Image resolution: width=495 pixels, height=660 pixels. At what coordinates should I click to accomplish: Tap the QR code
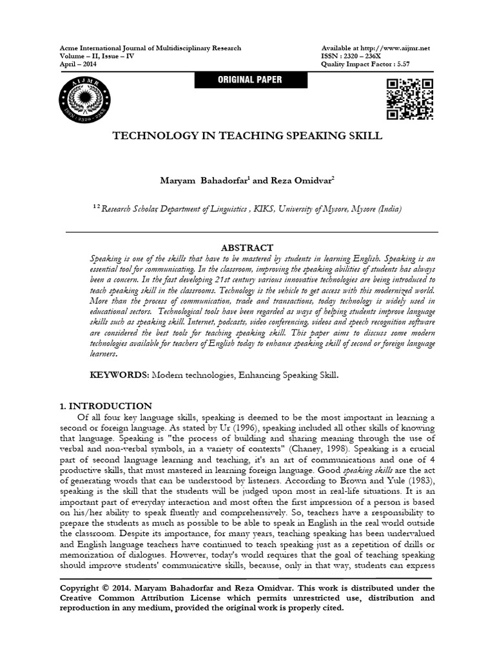pos(409,99)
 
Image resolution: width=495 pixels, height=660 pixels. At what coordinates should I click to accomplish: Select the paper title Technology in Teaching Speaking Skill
pos(247,136)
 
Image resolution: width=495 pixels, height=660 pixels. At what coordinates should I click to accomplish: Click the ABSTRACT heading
pos(247,247)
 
